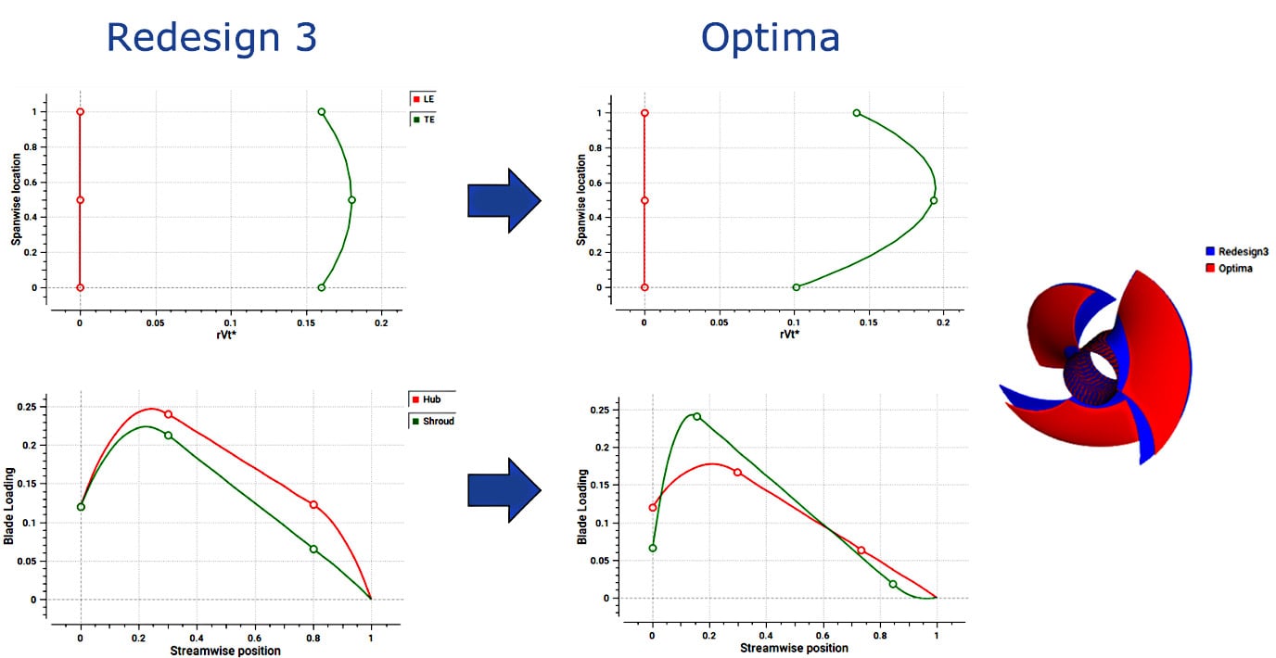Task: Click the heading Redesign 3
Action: coord(211,38)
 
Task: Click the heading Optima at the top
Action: coord(770,38)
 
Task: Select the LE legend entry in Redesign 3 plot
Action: coord(423,98)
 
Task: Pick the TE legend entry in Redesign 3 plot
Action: coord(423,119)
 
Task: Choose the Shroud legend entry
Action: coord(432,421)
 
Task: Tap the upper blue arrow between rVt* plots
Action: coord(504,200)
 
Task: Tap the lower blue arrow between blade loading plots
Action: coord(504,490)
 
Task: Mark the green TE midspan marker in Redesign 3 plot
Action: coord(351,199)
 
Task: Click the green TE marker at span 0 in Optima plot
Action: coord(796,287)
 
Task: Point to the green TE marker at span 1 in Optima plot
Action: coord(856,113)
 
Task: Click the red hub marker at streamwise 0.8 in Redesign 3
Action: coord(313,505)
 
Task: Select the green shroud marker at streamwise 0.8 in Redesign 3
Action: coord(313,549)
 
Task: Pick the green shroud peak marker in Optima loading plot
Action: coord(696,416)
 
